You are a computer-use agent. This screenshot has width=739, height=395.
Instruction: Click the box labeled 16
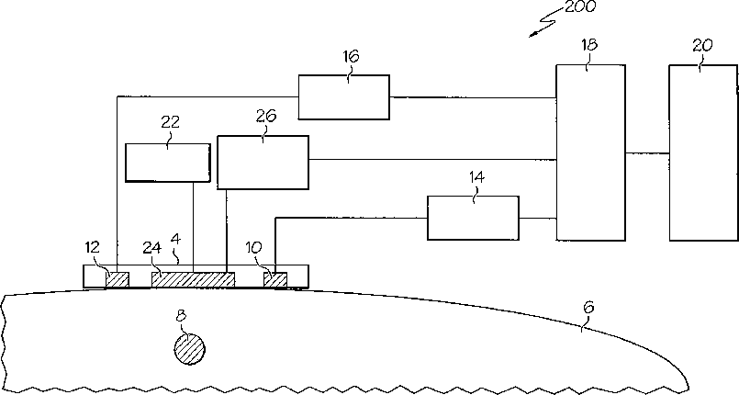pos(343,96)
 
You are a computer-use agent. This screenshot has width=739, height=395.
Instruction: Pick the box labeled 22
pos(167,163)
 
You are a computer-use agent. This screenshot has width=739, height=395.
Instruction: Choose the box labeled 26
pos(263,162)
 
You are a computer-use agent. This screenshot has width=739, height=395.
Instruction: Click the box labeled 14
pos(473,218)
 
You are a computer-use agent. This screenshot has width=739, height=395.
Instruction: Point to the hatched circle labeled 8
pos(189,348)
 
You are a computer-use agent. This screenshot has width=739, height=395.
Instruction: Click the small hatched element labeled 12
pos(117,278)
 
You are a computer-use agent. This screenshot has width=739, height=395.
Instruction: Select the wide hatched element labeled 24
pos(193,278)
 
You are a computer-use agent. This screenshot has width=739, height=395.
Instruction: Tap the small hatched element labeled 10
pos(274,278)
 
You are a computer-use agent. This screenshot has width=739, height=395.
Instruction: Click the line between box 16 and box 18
pos(472,96)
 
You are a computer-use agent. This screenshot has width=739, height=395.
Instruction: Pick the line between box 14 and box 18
pos(537,218)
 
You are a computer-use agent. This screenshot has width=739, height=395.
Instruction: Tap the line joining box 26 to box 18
pos(431,160)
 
